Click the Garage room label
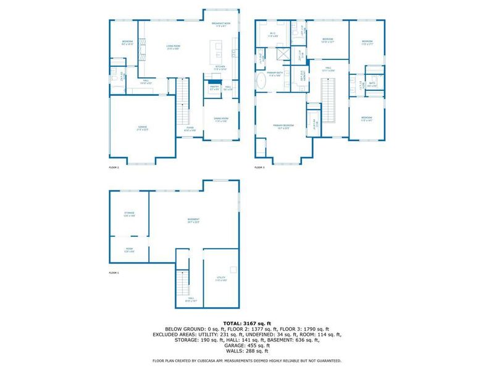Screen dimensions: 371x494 tap(143, 129)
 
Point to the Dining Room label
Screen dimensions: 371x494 tap(222, 120)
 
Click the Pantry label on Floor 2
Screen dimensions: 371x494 tap(215, 88)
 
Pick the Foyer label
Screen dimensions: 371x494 tap(190, 130)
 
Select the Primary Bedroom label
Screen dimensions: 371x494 tap(284, 126)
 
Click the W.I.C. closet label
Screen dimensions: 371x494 tap(272, 35)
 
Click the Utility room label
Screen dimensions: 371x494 tap(220, 279)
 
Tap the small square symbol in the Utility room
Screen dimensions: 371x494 tap(232, 269)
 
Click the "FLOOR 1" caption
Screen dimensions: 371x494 tap(114, 273)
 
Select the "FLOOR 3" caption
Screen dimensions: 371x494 tap(259, 168)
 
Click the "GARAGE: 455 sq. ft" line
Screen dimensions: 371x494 tap(247, 344)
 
